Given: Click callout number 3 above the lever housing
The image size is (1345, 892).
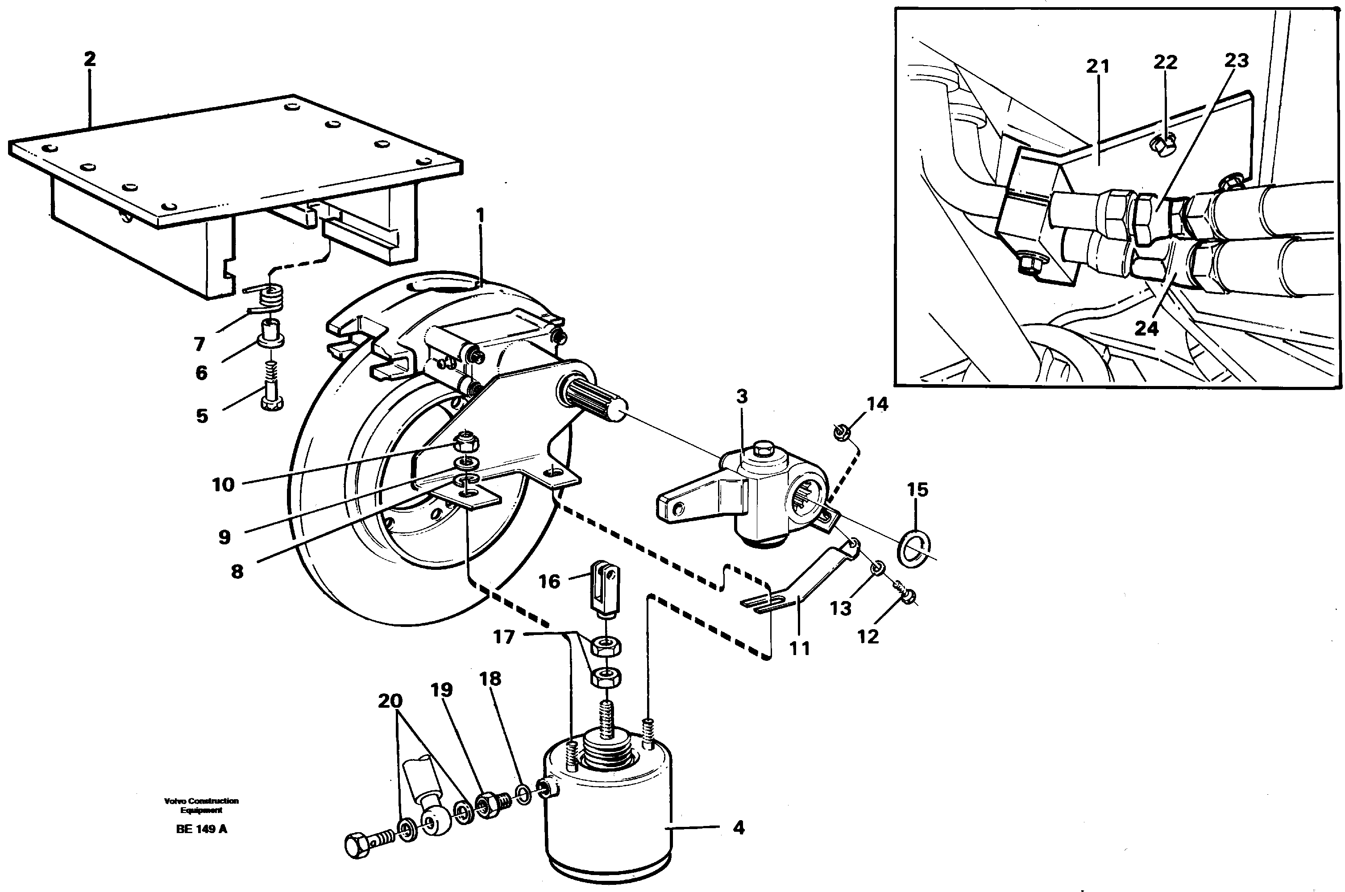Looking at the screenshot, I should pos(741,397).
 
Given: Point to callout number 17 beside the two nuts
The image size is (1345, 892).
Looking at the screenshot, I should pos(503,637).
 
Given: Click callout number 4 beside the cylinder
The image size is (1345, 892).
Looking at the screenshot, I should pos(739,828).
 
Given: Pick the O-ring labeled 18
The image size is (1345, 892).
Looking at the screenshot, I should pos(524,794).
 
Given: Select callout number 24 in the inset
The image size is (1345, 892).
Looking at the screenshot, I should pos(1146,329).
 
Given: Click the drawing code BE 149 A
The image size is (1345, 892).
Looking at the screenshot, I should pos(201,829).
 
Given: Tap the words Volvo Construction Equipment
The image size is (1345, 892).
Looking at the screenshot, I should pos(201,805).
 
